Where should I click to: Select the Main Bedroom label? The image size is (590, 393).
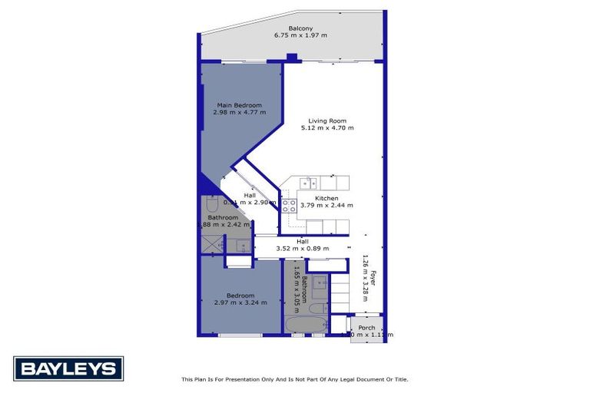pyautogui.click(x=239, y=105)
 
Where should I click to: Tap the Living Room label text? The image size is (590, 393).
pyautogui.click(x=327, y=121)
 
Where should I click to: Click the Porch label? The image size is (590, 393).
pyautogui.click(x=366, y=328)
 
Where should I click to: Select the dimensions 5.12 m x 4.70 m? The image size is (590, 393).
pyautogui.click(x=327, y=128)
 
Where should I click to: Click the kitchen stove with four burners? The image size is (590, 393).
pyautogui.click(x=289, y=206)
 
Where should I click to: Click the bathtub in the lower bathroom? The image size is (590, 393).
pyautogui.click(x=306, y=325)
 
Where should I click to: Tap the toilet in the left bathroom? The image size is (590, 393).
pyautogui.click(x=212, y=204)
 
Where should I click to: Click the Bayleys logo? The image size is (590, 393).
pyautogui.click(x=68, y=369)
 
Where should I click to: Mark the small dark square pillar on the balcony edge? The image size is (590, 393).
pyautogui.click(x=291, y=57)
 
